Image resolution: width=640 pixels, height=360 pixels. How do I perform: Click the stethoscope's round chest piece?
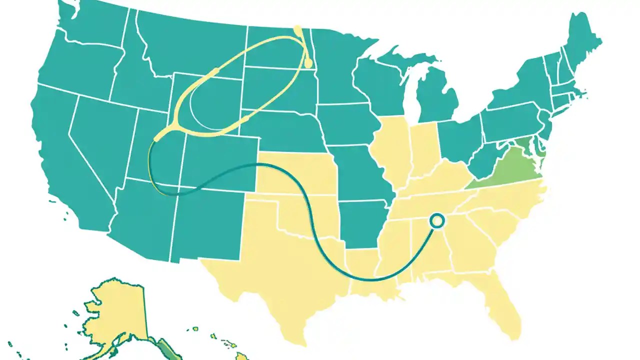(437, 220)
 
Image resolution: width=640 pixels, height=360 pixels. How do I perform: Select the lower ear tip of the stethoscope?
(308, 63)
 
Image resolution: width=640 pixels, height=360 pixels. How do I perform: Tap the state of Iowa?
(345, 125)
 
